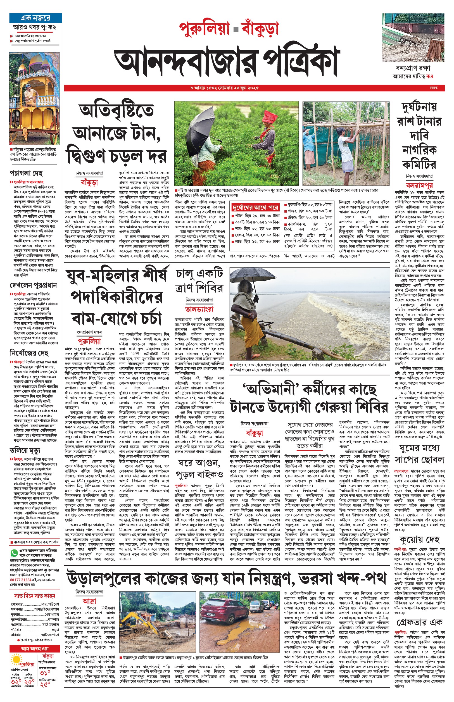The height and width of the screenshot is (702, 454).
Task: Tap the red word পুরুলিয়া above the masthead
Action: pos(204,29)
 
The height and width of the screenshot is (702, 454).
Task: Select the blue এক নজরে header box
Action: pos(35,18)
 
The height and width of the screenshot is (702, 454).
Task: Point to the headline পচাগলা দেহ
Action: pos(26,173)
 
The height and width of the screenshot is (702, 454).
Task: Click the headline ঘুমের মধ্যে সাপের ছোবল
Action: pos(419,454)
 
